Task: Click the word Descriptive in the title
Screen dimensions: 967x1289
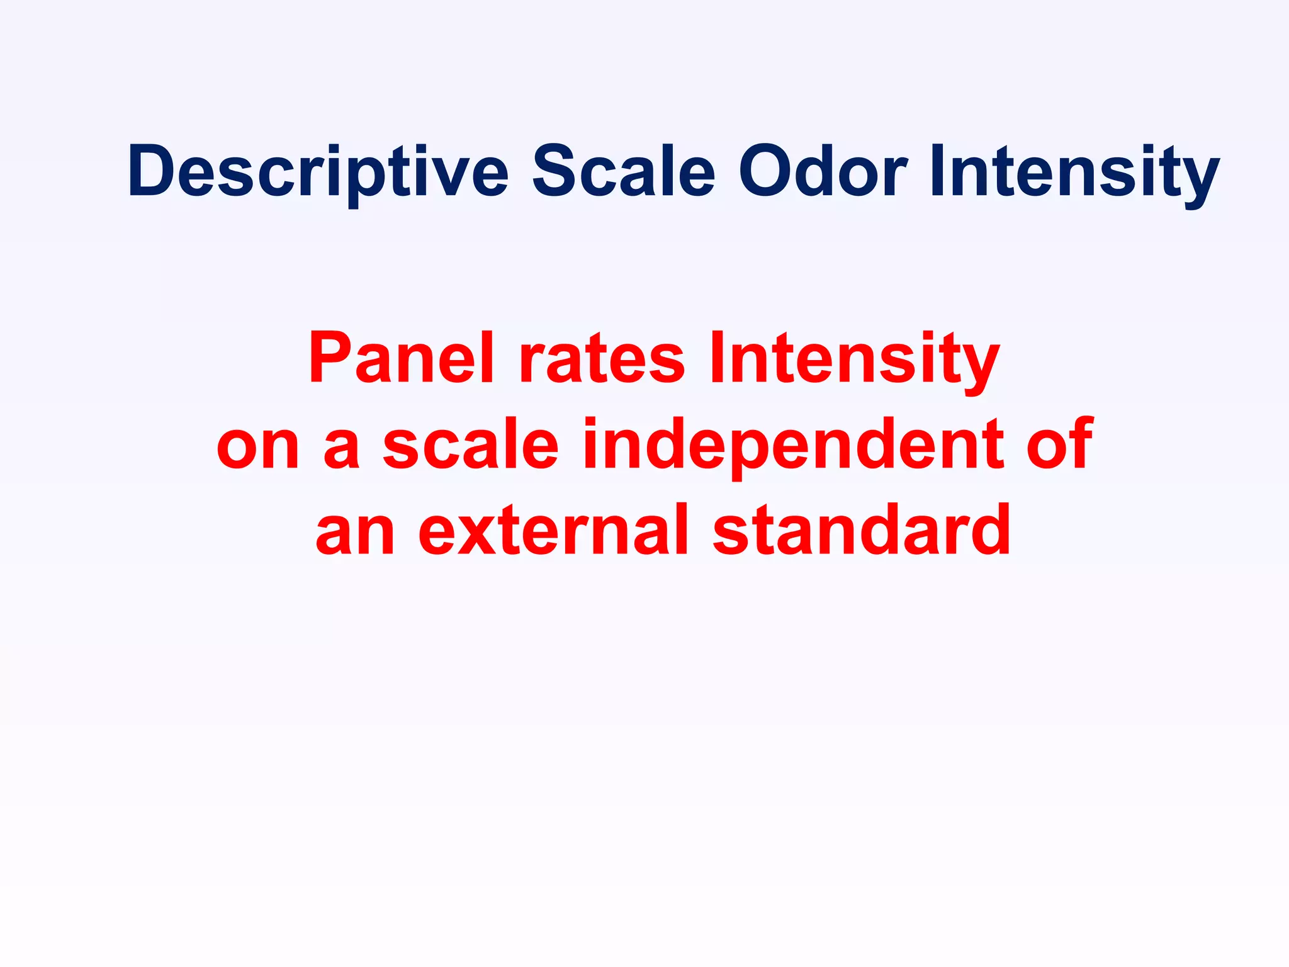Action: [x=318, y=171]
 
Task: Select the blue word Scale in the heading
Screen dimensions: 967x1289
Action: [x=624, y=171]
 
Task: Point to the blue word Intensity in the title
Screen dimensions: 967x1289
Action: [x=1074, y=171]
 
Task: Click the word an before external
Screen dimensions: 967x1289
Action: [x=356, y=533]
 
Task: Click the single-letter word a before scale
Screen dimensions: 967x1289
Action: [x=342, y=448]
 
